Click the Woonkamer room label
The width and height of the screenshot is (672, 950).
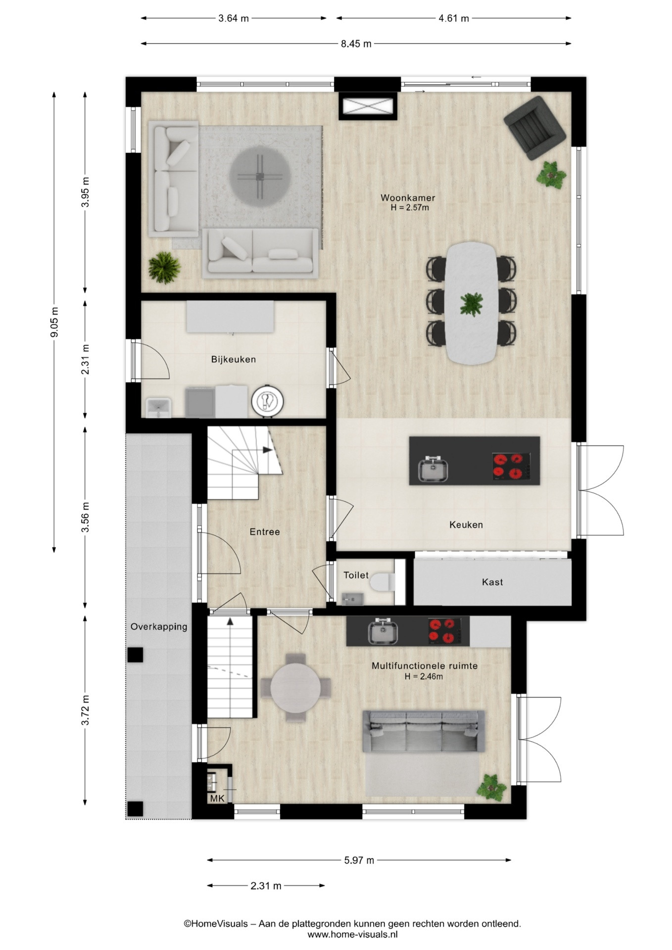click(408, 198)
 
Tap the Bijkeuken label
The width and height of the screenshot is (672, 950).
click(234, 359)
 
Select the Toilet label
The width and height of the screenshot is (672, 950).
click(356, 575)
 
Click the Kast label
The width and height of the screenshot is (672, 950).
click(492, 582)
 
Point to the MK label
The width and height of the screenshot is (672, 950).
click(217, 798)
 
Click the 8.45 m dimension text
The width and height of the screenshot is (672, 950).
click(356, 44)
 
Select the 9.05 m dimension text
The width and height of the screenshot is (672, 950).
click(54, 322)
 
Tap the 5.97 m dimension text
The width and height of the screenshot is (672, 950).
click(359, 860)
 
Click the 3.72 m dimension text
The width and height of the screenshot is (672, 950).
click(86, 710)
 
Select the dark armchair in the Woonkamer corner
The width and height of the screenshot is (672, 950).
click(535, 128)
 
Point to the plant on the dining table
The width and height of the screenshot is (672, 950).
click(471, 304)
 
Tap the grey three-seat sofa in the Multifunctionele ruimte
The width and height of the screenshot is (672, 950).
click(424, 731)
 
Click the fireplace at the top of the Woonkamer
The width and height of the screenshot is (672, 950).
click(368, 106)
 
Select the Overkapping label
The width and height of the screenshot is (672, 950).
click(159, 627)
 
